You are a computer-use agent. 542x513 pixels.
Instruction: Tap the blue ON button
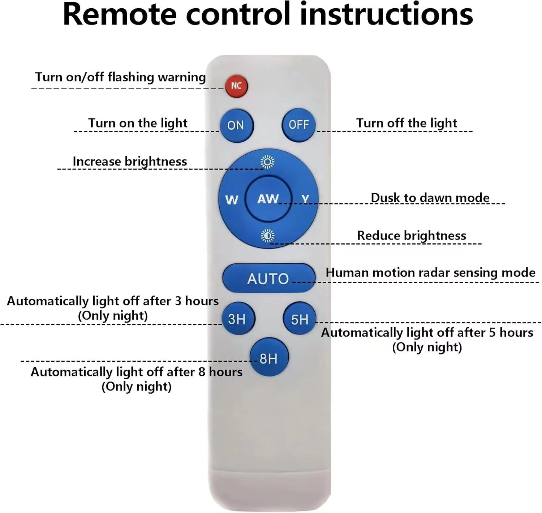[x=236, y=125]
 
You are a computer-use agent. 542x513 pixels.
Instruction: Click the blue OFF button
[x=298, y=125]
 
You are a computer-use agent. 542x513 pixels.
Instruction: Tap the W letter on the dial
[x=232, y=199]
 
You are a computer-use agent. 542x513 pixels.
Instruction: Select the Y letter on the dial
[x=305, y=199]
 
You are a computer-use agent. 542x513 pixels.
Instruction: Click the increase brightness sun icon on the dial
[x=267, y=162]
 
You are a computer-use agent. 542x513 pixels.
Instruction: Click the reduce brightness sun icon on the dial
[x=267, y=236]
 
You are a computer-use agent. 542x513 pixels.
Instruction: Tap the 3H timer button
[x=238, y=319]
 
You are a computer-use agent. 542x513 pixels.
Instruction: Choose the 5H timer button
[x=300, y=319]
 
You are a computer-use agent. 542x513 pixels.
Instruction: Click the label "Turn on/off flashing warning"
[x=120, y=77]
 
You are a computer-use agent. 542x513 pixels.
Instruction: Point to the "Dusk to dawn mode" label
[x=430, y=198]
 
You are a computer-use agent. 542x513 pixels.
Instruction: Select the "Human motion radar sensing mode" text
[x=430, y=273]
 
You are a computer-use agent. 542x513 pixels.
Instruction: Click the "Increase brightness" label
[x=130, y=161]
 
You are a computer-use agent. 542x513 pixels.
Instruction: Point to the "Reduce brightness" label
[x=412, y=236]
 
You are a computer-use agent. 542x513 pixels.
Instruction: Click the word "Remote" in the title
[x=120, y=14]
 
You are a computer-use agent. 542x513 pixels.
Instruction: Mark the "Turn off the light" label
[x=406, y=123]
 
